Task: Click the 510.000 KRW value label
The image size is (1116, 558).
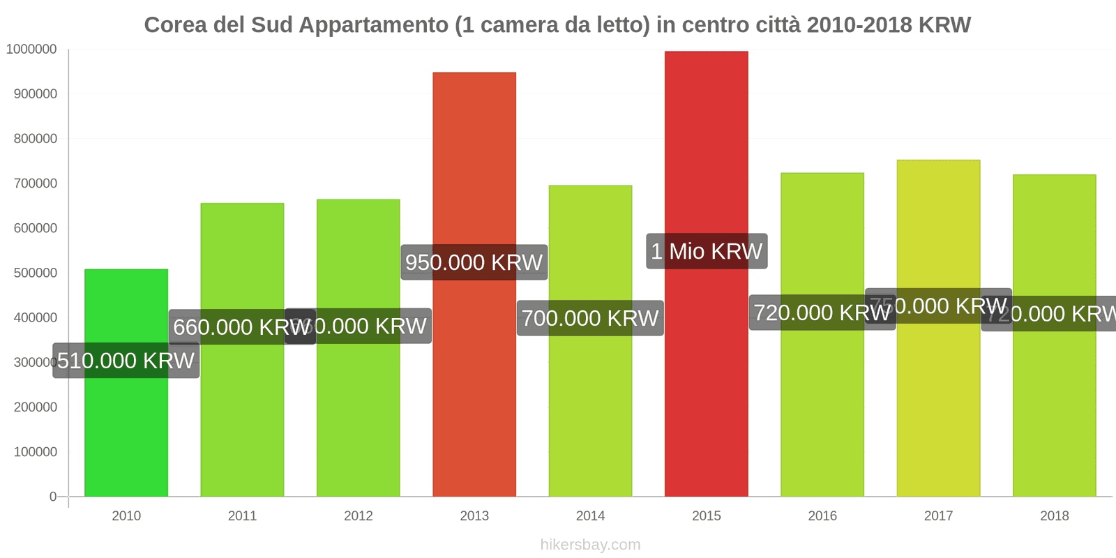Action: [x=126, y=361]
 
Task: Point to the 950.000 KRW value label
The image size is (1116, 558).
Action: [x=474, y=262]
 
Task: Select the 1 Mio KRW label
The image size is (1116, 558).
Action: [x=707, y=251]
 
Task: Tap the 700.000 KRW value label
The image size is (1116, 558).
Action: [x=590, y=318]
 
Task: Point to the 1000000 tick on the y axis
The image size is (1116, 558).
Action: [x=31, y=49]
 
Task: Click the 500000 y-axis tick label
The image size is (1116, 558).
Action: [x=35, y=273]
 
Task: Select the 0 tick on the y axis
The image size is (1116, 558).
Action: [x=53, y=497]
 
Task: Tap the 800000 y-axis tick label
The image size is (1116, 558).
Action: [x=35, y=138]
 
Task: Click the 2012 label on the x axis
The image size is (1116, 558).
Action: [x=359, y=515]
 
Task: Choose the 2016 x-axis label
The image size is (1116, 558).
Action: [x=822, y=515]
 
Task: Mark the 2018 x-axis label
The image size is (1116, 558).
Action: [x=1054, y=515]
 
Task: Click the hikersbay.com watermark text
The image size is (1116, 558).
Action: [x=590, y=544]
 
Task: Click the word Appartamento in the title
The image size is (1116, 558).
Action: [x=374, y=25]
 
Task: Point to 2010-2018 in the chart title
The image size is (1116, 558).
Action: [x=859, y=25]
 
